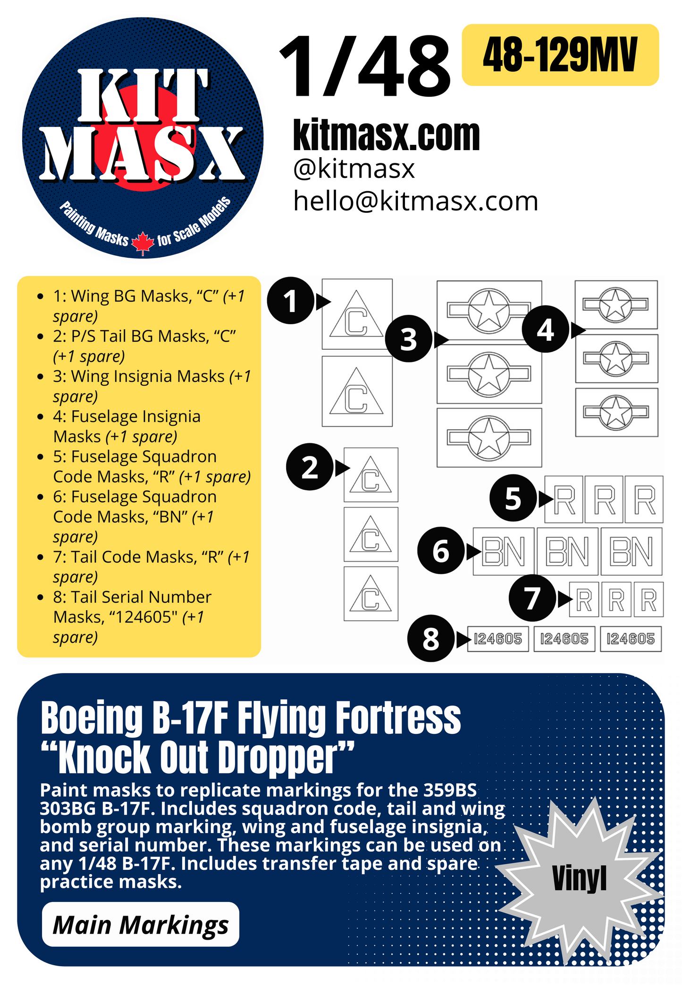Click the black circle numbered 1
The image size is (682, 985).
(x=290, y=301)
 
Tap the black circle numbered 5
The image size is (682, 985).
(x=513, y=498)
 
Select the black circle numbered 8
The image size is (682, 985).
(x=431, y=639)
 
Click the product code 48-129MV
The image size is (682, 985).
(x=560, y=55)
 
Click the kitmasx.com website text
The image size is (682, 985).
(x=386, y=135)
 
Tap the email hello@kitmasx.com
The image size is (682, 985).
(x=415, y=202)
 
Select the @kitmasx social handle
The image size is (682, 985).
(x=354, y=169)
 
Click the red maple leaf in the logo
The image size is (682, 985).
(x=143, y=243)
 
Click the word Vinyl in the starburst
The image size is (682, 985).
(x=579, y=878)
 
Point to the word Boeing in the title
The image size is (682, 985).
(x=92, y=718)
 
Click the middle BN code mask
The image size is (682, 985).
(x=567, y=551)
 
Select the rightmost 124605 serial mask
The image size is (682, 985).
(x=631, y=639)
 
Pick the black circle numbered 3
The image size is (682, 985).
(x=409, y=339)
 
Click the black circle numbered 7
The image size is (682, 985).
(x=532, y=598)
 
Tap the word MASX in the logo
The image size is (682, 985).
(x=142, y=153)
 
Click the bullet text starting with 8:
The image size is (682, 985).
(x=132, y=616)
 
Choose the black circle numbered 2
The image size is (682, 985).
(x=310, y=467)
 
